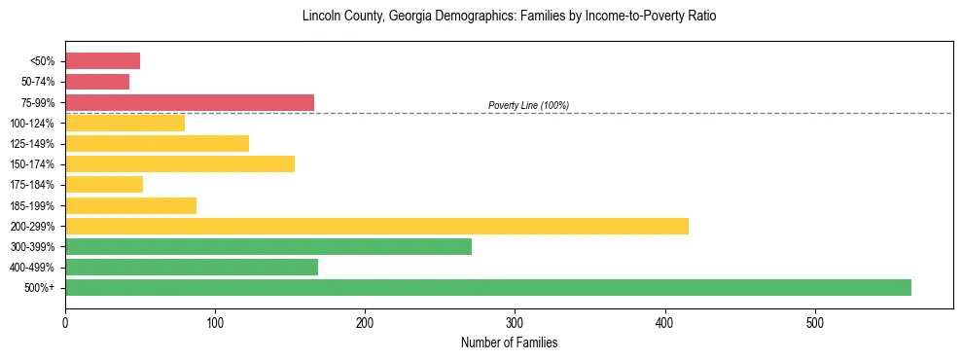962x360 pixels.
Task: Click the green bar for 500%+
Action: [x=487, y=287]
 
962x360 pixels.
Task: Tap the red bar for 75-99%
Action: [x=190, y=102]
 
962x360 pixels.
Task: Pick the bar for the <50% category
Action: [x=102, y=61]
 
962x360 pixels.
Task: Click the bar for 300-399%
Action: [x=268, y=246]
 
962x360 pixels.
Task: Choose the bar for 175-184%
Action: [x=104, y=184]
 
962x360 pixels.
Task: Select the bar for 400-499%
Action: [x=192, y=267]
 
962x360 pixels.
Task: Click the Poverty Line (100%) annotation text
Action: [x=528, y=105]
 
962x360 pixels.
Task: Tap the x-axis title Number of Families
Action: [x=509, y=342]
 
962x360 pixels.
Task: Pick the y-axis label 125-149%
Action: [x=33, y=144]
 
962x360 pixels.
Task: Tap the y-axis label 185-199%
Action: [x=33, y=205]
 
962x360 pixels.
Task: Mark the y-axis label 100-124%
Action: [x=33, y=124]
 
